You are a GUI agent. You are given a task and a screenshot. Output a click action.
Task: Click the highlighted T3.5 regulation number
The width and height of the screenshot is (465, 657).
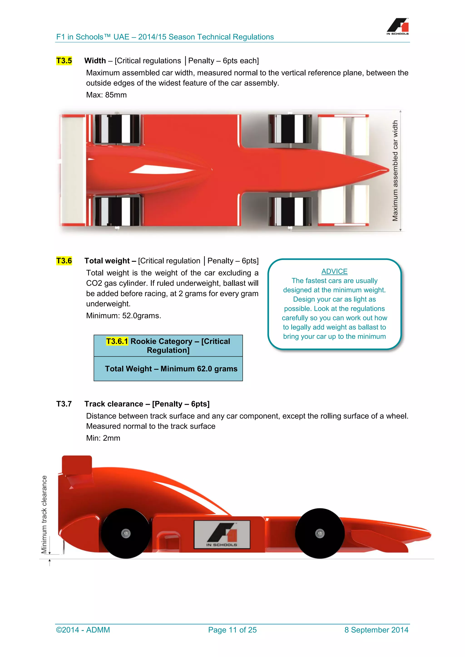click(64, 61)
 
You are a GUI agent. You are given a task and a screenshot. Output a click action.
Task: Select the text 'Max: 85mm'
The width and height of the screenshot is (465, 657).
click(106, 95)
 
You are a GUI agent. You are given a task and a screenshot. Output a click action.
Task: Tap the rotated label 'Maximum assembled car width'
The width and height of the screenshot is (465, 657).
click(395, 171)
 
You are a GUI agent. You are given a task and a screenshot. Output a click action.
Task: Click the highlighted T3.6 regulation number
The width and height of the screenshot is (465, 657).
click(64, 261)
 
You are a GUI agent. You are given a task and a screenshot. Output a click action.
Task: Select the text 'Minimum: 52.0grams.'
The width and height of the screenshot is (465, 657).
click(124, 316)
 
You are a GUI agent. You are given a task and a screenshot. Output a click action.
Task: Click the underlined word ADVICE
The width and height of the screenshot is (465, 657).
click(334, 271)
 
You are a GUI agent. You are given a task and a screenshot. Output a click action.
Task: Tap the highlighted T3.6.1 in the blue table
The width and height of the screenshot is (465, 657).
click(117, 341)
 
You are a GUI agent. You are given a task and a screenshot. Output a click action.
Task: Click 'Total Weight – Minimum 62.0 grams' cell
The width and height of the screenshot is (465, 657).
click(171, 369)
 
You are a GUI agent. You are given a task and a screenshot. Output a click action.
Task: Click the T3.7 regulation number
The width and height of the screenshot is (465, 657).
click(64, 404)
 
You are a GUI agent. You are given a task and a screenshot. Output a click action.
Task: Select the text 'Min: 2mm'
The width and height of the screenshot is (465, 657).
click(103, 438)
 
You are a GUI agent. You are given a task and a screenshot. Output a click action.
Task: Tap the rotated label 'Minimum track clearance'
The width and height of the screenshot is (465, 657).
click(44, 514)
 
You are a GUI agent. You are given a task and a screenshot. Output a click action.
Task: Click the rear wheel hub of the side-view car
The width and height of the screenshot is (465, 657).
click(126, 533)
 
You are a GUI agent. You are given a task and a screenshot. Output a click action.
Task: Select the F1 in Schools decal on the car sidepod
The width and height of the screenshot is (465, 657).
click(222, 534)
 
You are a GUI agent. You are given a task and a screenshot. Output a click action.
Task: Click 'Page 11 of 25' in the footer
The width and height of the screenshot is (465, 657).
click(232, 630)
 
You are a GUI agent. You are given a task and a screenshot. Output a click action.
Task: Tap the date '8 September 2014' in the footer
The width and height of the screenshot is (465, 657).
click(376, 630)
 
